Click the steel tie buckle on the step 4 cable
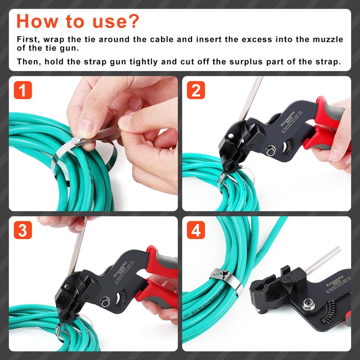click(221, 273)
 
